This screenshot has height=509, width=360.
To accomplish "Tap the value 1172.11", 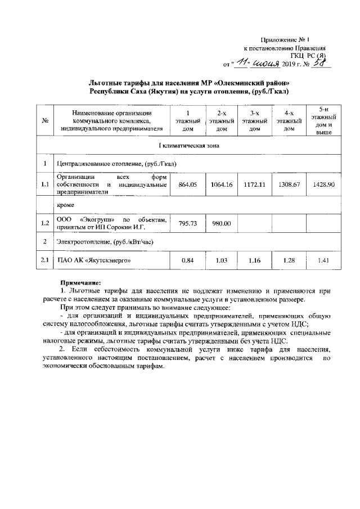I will coord(254,184).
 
